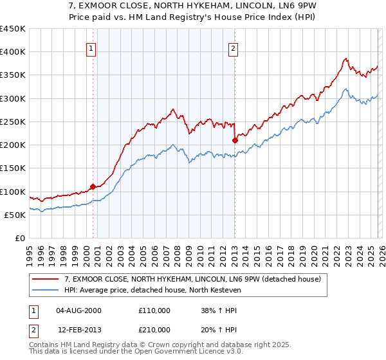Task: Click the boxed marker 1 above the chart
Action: tap(91, 48)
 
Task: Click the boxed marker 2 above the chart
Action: tap(232, 48)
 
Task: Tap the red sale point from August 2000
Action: tap(93, 186)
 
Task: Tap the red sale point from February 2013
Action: tap(235, 139)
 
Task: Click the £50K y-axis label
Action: tap(15, 215)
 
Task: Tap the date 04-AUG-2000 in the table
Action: tap(78, 310)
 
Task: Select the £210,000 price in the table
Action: tap(154, 329)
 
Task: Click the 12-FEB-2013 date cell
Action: tap(78, 329)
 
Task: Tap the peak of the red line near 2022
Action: tap(345, 59)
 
